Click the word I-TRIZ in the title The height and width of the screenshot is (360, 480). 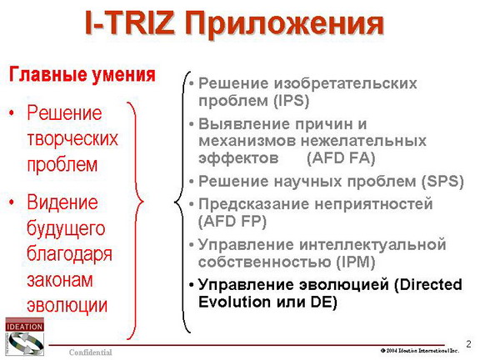(x=130, y=23)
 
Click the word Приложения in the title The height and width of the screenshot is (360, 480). (x=284, y=24)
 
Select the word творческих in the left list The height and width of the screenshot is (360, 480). (x=72, y=138)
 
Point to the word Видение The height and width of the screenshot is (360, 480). (x=62, y=202)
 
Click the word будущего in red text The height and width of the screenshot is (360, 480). (x=66, y=228)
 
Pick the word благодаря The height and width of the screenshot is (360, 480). (x=69, y=254)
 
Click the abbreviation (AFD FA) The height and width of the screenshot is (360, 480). (x=341, y=158)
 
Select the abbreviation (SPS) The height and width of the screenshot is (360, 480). (x=442, y=181)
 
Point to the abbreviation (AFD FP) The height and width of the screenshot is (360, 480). (x=232, y=221)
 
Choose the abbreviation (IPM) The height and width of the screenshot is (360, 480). (x=355, y=262)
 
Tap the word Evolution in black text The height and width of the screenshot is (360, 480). (x=234, y=302)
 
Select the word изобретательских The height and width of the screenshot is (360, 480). (x=345, y=83)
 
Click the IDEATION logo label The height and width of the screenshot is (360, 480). (x=24, y=327)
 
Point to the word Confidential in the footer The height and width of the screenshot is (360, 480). (x=90, y=352)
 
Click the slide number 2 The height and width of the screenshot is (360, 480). (x=468, y=344)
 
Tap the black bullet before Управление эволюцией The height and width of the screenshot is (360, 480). (x=192, y=285)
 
